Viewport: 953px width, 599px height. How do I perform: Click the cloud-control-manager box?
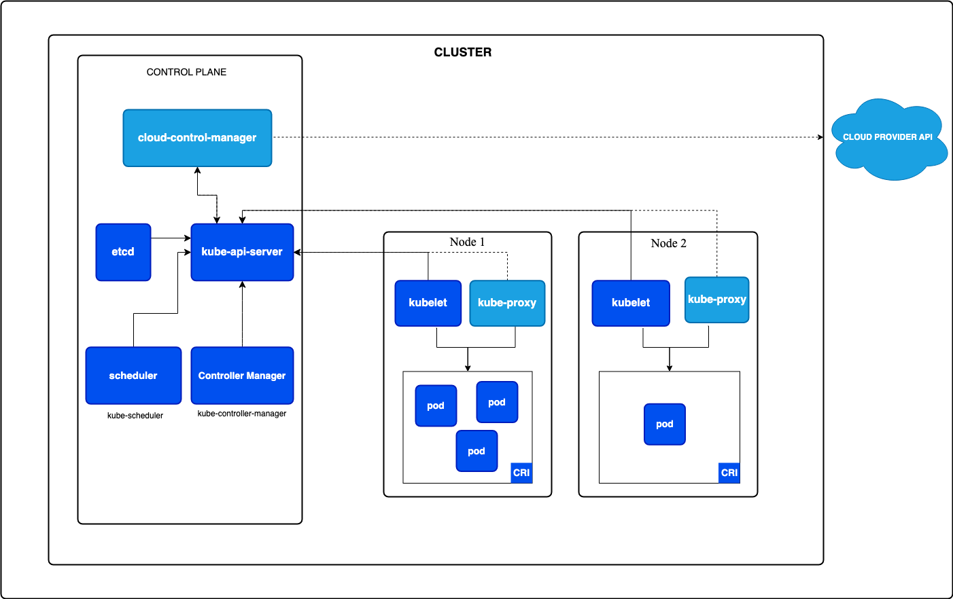(197, 138)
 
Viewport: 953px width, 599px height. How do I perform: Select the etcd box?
(123, 252)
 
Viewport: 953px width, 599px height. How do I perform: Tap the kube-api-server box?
(242, 252)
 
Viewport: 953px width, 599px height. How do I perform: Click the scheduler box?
(133, 376)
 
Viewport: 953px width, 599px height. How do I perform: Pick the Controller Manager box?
(242, 376)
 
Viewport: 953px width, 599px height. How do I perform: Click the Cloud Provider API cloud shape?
(888, 139)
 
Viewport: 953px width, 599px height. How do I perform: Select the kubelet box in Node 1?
(428, 303)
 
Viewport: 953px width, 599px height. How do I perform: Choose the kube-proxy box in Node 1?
(507, 303)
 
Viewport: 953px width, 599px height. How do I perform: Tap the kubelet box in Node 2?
(631, 303)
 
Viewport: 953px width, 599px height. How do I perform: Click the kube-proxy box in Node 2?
(716, 299)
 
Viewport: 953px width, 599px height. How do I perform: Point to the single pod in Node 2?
(664, 424)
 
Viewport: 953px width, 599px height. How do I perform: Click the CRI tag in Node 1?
(521, 473)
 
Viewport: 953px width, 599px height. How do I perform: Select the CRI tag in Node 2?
(729, 473)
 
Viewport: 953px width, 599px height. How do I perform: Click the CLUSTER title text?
(463, 52)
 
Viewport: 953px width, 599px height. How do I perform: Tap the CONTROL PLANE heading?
(186, 72)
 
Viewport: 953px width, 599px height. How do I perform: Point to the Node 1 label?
(467, 242)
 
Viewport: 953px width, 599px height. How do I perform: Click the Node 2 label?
(668, 244)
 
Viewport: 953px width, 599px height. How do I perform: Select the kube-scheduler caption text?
(135, 416)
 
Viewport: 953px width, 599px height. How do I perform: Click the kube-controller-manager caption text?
(242, 414)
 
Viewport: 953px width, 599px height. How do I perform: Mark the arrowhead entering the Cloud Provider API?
(820, 137)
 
